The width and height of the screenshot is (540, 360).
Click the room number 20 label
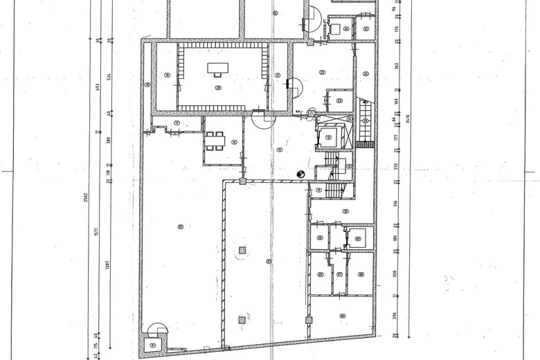(218, 88)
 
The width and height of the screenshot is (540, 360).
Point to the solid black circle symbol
(300, 174)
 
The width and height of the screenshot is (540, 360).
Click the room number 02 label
(180, 227)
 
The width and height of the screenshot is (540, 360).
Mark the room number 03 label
(269, 260)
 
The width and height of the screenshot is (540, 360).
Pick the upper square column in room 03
(241, 249)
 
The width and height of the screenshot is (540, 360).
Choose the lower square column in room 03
(241, 319)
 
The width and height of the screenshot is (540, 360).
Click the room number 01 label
(153, 345)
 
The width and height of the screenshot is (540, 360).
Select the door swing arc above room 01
(156, 330)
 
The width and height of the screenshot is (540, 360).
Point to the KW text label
(296, 111)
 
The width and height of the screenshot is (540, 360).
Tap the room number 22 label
(322, 72)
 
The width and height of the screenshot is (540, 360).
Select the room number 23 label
(339, 101)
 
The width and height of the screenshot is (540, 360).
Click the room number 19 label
(167, 75)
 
